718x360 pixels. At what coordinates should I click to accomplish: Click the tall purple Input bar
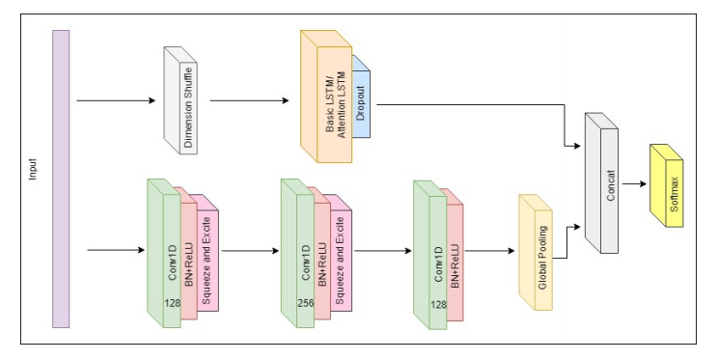(61, 179)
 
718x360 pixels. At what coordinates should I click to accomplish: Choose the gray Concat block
(608, 188)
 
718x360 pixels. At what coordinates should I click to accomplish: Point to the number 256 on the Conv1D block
(305, 304)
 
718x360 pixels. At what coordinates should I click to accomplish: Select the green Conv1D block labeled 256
(298, 256)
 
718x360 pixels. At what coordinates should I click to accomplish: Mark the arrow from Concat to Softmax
(633, 181)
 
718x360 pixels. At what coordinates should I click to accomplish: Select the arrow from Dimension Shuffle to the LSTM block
(249, 100)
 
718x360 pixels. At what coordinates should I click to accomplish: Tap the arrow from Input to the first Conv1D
(115, 252)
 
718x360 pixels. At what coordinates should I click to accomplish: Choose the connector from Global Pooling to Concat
(569, 241)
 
